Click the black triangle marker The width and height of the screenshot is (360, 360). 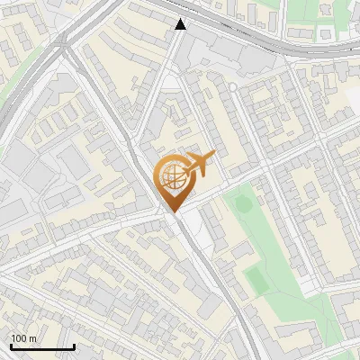click(x=181, y=24)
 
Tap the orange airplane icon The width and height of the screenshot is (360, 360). click(x=199, y=164)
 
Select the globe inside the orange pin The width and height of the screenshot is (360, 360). click(x=171, y=177)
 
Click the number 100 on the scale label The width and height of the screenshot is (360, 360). click(x=19, y=337)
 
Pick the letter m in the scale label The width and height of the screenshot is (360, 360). click(x=32, y=337)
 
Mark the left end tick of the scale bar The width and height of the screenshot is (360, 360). click(x=11, y=346)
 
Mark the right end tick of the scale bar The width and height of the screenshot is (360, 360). click(x=74, y=346)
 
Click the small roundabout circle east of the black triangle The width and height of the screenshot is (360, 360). click(x=232, y=86)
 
